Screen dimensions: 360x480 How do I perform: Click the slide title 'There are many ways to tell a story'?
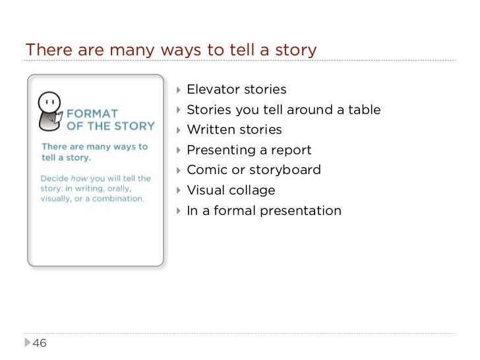pyautogui.click(x=171, y=50)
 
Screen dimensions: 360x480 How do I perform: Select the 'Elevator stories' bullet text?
pyautogui.click(x=236, y=90)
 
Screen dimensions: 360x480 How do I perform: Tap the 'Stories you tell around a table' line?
pyautogui.click(x=284, y=109)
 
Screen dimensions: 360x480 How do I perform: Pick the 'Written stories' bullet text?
pyautogui.click(x=234, y=130)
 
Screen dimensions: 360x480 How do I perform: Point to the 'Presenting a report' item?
pyautogui.click(x=249, y=150)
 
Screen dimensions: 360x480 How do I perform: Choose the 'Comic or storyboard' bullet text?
pyautogui.click(x=254, y=170)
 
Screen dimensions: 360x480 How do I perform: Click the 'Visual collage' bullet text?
pyautogui.click(x=231, y=191)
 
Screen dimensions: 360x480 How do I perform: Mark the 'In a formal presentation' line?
pyautogui.click(x=264, y=211)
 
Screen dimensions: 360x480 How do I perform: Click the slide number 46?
pyautogui.click(x=40, y=343)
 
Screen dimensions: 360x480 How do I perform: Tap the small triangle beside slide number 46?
pyautogui.click(x=27, y=343)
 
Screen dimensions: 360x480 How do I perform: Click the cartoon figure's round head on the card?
pyautogui.click(x=47, y=102)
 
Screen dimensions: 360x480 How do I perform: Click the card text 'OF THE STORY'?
pyautogui.click(x=111, y=126)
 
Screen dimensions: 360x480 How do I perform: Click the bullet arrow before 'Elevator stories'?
pyautogui.click(x=179, y=90)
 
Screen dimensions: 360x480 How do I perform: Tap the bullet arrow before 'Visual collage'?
pyautogui.click(x=179, y=191)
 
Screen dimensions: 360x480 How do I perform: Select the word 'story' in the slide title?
pyautogui.click(x=299, y=50)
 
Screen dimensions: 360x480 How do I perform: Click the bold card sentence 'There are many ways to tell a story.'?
pyautogui.click(x=94, y=152)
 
